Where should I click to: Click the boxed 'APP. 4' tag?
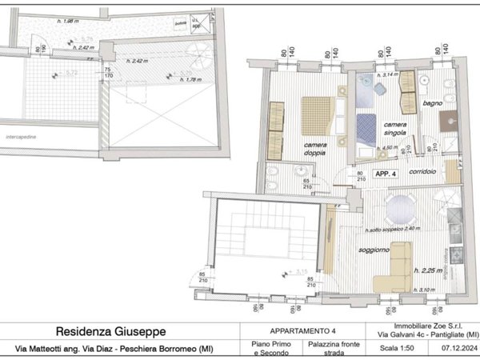pos(386,174)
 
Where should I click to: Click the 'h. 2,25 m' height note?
pos(430,270)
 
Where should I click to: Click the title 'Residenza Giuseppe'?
pos(112,331)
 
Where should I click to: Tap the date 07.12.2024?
pos(457,348)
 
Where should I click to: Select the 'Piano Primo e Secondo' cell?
pos(262,349)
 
